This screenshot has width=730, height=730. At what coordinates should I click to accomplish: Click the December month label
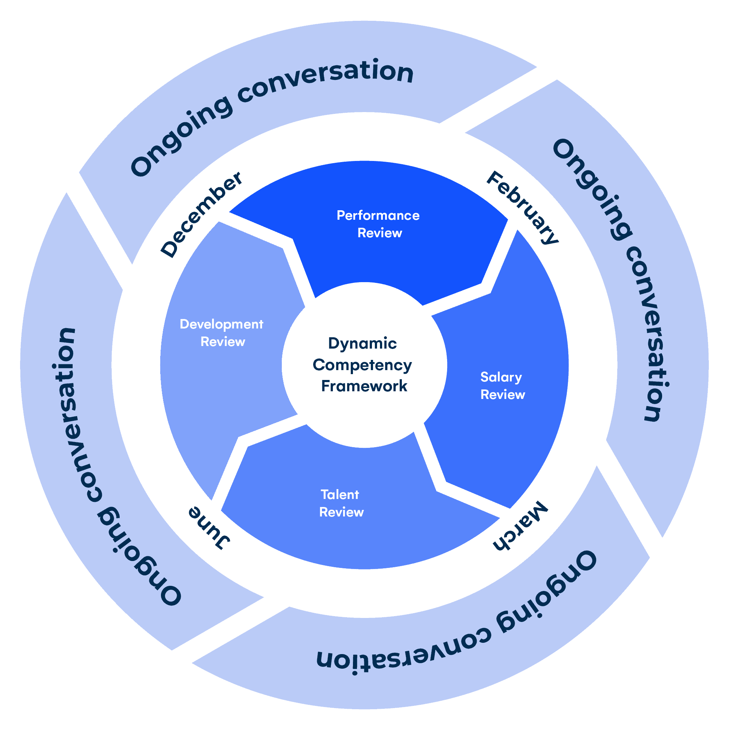(x=201, y=214)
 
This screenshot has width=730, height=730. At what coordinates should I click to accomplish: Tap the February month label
(x=522, y=207)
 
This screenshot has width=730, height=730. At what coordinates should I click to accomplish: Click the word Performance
(x=378, y=215)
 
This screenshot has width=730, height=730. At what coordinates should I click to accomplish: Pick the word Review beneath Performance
(x=380, y=233)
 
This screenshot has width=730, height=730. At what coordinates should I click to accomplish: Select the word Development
(x=222, y=324)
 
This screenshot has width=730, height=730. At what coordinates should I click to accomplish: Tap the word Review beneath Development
(x=223, y=342)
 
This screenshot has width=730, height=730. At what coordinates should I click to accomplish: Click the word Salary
(x=501, y=377)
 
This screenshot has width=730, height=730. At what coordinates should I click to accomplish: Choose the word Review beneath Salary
(x=503, y=395)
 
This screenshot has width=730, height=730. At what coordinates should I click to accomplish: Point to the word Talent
(x=340, y=495)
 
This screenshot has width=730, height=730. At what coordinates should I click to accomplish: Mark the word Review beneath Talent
(x=342, y=512)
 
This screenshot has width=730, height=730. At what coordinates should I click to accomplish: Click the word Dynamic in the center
(x=362, y=343)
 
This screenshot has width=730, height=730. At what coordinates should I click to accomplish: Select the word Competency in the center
(x=362, y=365)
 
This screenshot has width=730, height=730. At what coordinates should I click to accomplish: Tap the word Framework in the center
(x=364, y=386)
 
